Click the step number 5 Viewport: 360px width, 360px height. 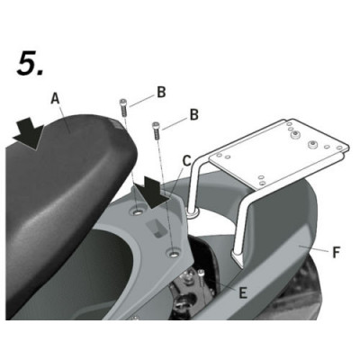(30, 64)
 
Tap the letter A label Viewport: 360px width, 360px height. (55, 98)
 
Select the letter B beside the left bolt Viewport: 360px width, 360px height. (161, 92)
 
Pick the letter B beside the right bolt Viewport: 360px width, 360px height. (194, 114)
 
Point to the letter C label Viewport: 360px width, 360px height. (186, 160)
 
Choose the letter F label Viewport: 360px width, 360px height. (337, 252)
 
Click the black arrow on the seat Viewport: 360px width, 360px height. (29, 134)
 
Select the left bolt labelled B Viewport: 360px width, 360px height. (123, 109)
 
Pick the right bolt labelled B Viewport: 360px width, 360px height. (157, 130)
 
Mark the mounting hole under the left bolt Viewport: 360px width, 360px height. (138, 212)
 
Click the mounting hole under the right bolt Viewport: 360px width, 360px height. (174, 254)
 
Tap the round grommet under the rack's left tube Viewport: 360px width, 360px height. (193, 213)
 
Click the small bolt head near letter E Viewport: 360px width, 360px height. (202, 272)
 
